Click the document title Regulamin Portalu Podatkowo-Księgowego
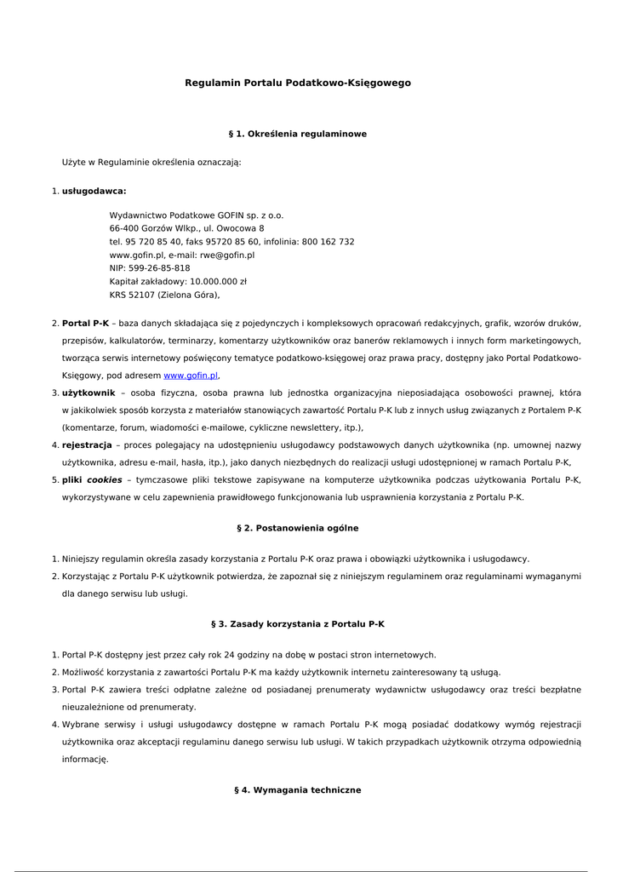tap(298, 83)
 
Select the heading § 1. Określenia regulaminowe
tap(298, 135)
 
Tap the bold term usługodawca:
tap(94, 192)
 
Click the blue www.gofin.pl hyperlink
tap(191, 376)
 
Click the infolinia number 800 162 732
tap(328, 242)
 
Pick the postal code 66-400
tap(125, 228)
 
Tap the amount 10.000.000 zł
tap(218, 281)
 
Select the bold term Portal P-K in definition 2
tap(85, 324)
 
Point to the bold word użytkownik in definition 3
tap(89, 393)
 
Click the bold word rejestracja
tap(87, 445)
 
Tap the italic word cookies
tap(104, 480)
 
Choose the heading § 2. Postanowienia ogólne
tap(298, 529)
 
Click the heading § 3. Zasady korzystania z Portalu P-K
tap(298, 624)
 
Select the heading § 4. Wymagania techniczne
tap(298, 791)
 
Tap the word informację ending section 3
tap(85, 760)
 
